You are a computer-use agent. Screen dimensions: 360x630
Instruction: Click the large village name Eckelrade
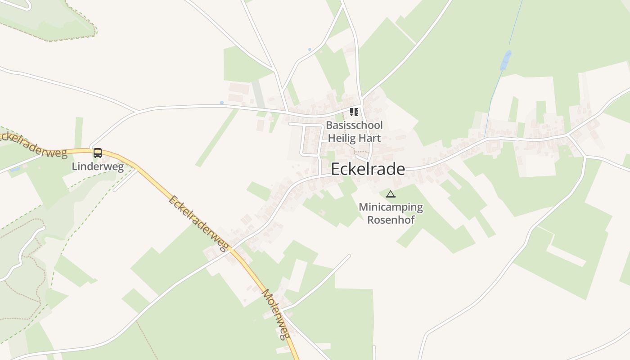click(368, 169)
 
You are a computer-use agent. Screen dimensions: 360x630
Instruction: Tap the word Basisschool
click(354, 125)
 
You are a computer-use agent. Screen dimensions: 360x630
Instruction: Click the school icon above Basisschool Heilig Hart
click(354, 112)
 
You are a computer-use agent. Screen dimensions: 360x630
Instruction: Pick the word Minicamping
click(391, 207)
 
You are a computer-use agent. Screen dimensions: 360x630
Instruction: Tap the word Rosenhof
click(391, 220)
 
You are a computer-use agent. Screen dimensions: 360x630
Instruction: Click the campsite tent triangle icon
click(390, 194)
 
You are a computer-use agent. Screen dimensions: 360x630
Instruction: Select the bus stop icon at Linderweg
click(98, 153)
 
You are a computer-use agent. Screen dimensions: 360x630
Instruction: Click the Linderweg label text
click(98, 166)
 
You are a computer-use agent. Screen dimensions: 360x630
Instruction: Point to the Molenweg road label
click(275, 314)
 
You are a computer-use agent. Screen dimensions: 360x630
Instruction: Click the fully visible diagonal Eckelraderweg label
click(198, 223)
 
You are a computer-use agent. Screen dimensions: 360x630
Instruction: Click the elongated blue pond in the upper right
click(506, 60)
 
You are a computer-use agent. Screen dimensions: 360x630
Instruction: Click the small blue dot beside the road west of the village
click(221, 103)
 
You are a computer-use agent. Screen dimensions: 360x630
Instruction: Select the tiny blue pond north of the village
click(309, 49)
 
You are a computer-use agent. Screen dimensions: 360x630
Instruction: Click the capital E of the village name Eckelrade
click(336, 169)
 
